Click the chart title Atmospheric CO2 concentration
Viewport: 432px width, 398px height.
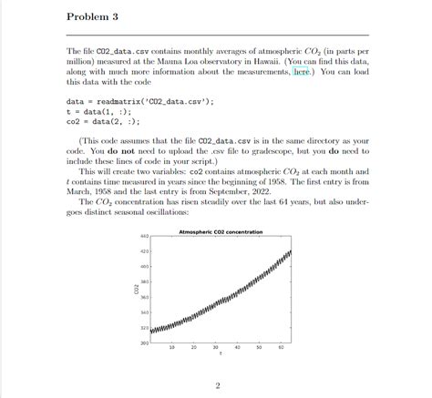coord(221,232)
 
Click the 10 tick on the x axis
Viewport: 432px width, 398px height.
coord(172,348)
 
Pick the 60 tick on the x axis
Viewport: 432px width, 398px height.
coord(282,348)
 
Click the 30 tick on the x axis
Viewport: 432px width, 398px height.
coord(216,348)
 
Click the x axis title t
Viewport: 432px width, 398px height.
coord(221,355)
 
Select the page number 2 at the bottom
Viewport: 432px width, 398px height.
coord(218,384)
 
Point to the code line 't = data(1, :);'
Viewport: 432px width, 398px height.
coord(98,111)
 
